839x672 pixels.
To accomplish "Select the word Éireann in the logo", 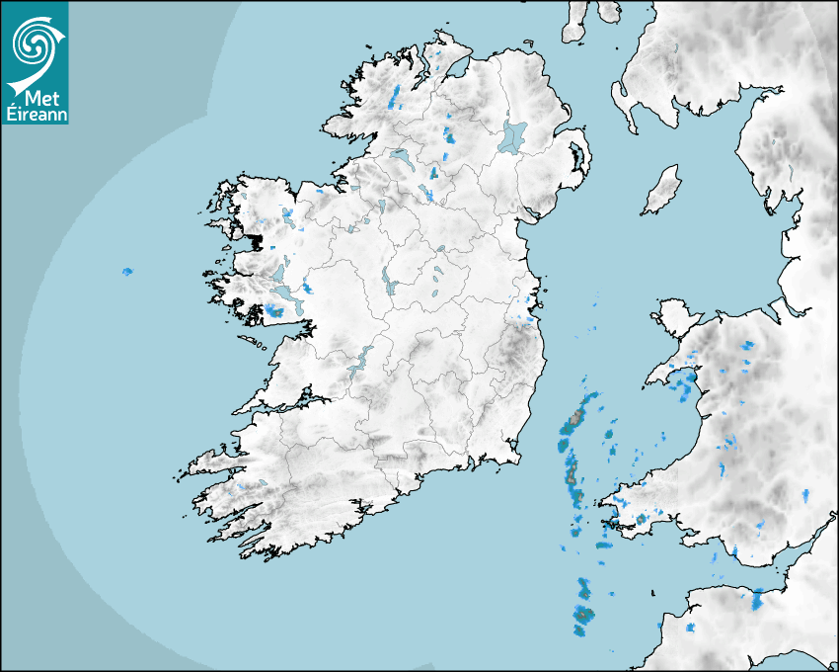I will pos(34,114).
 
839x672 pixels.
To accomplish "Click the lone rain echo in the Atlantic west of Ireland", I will pos(126,271).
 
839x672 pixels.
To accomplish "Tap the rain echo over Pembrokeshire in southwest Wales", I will pos(643,518).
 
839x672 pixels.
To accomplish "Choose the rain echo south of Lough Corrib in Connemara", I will pos(273,312).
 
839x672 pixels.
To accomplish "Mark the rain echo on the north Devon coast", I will pos(757,598).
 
